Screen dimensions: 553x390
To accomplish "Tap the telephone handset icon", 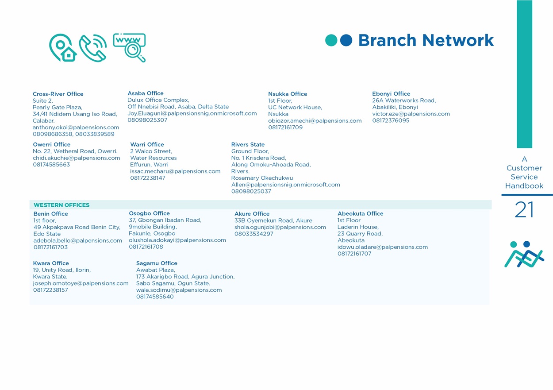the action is coord(93,48).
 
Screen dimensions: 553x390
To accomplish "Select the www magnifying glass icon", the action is coord(129,47).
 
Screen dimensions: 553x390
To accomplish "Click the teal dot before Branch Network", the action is coord(331,40).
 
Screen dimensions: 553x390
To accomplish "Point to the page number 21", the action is coord(524,209).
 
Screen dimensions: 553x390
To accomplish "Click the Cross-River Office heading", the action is coord(58,94).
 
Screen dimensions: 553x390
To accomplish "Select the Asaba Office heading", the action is coord(146,93).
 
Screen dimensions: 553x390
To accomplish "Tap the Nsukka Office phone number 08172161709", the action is coord(285,127).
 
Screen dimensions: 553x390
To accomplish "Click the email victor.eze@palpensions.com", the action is coord(411,114).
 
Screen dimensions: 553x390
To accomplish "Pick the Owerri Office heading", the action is coord(52,144).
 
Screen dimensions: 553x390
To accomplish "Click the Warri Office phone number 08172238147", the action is coord(148,178).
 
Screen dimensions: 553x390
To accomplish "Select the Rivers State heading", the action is coord(248,144).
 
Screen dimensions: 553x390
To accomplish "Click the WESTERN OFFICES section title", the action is coord(61,205).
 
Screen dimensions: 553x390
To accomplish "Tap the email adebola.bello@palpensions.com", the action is coord(78,240).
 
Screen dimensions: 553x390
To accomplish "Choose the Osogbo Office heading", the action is coord(150,213).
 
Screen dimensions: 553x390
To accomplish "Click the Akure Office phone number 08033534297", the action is coord(254,234).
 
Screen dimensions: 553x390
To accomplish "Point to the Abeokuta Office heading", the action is coord(361,213).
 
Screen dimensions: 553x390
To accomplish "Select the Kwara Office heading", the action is coord(51,263).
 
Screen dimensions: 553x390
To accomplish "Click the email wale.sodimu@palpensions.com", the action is coord(179,290).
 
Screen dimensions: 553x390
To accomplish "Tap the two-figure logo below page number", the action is coord(524,254).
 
